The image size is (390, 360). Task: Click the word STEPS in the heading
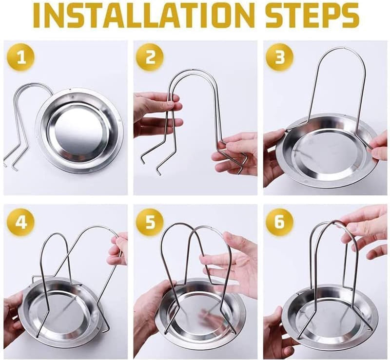312,17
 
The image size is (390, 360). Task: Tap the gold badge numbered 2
150,57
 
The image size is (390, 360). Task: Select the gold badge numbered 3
280,57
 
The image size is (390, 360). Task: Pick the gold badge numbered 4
21,222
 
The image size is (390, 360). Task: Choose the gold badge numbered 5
150,222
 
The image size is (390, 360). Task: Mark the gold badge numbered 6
280,222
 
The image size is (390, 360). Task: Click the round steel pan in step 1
79,131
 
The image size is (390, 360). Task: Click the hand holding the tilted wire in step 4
117,251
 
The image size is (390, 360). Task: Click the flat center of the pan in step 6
328,323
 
